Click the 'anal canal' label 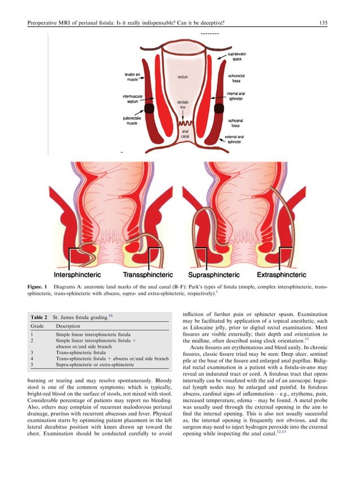pos(185,133)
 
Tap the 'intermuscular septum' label pos(133,99)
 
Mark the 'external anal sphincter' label pos(236,140)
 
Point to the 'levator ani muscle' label pos(133,77)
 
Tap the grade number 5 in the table pos(32,365)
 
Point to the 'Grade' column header pos(36,327)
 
